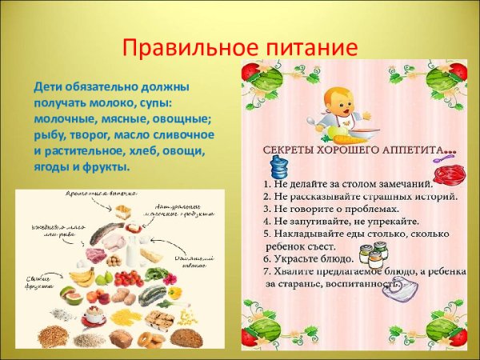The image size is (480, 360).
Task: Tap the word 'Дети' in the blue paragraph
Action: click(48, 85)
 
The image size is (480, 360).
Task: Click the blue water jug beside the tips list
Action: click(280, 170)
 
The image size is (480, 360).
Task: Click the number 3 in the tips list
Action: click(267, 208)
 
